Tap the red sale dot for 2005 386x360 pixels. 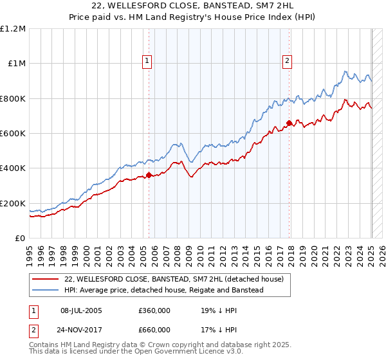pyautogui.click(x=149, y=175)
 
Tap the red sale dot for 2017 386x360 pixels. pyautogui.click(x=289, y=123)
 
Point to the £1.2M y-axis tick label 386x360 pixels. pyautogui.click(x=14, y=29)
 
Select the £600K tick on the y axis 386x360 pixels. pyautogui.click(x=14, y=134)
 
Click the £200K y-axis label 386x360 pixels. pyautogui.click(x=14, y=203)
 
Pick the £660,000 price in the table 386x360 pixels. pyautogui.click(x=155, y=330)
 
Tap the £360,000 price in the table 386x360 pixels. pyautogui.click(x=155, y=309)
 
